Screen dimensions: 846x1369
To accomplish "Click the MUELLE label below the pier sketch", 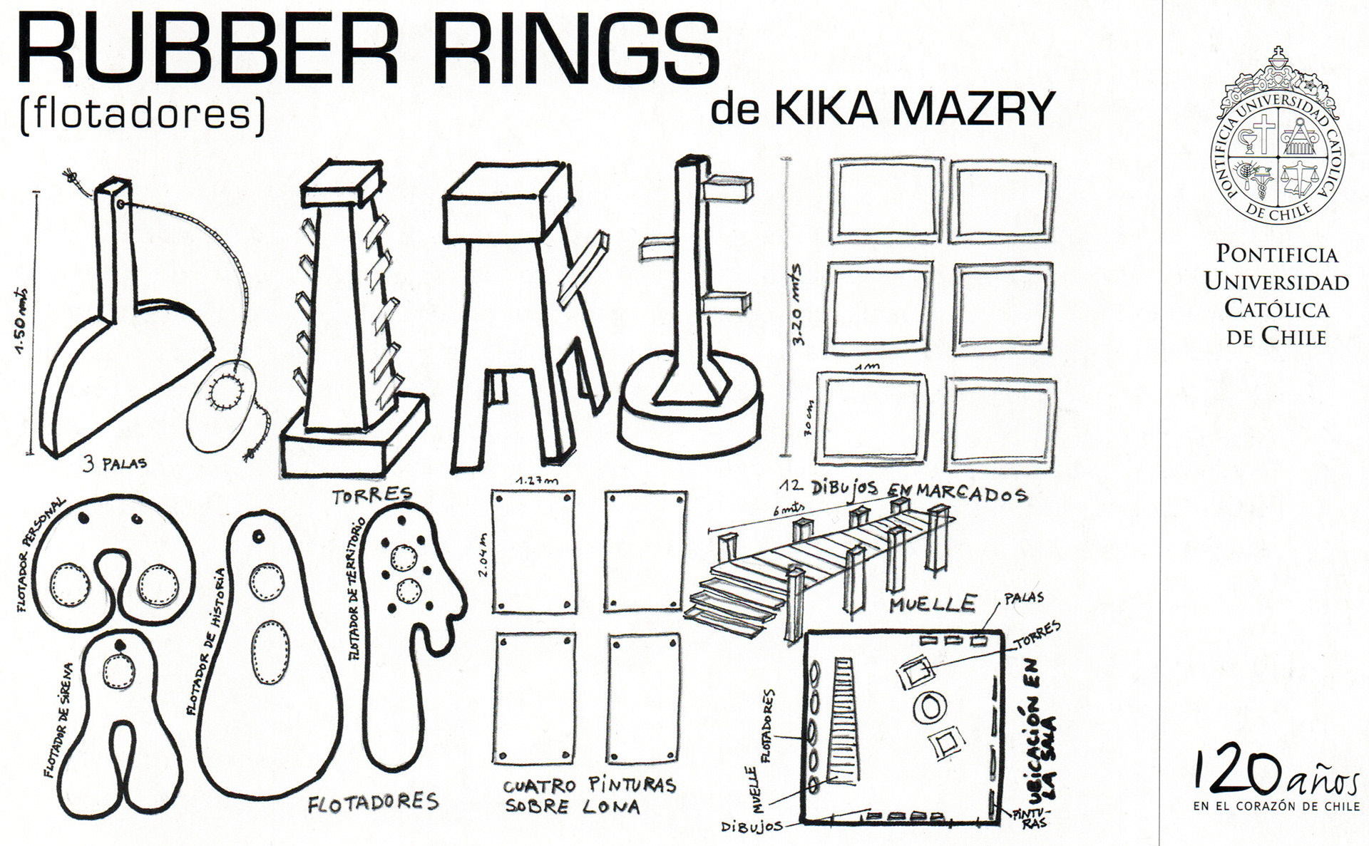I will tap(933, 604).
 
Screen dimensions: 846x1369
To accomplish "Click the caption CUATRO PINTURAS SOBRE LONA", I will tap(590, 795).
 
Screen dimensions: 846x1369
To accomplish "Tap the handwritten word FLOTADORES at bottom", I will tap(372, 803).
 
